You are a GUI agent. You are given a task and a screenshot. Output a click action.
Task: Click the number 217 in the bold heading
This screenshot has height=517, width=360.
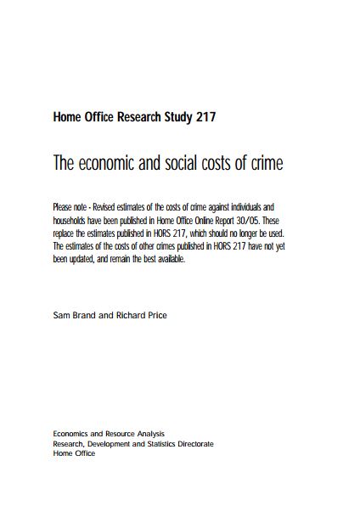[x=204, y=117]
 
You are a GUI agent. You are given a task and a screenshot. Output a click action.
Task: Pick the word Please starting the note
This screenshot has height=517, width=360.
[x=64, y=207]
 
